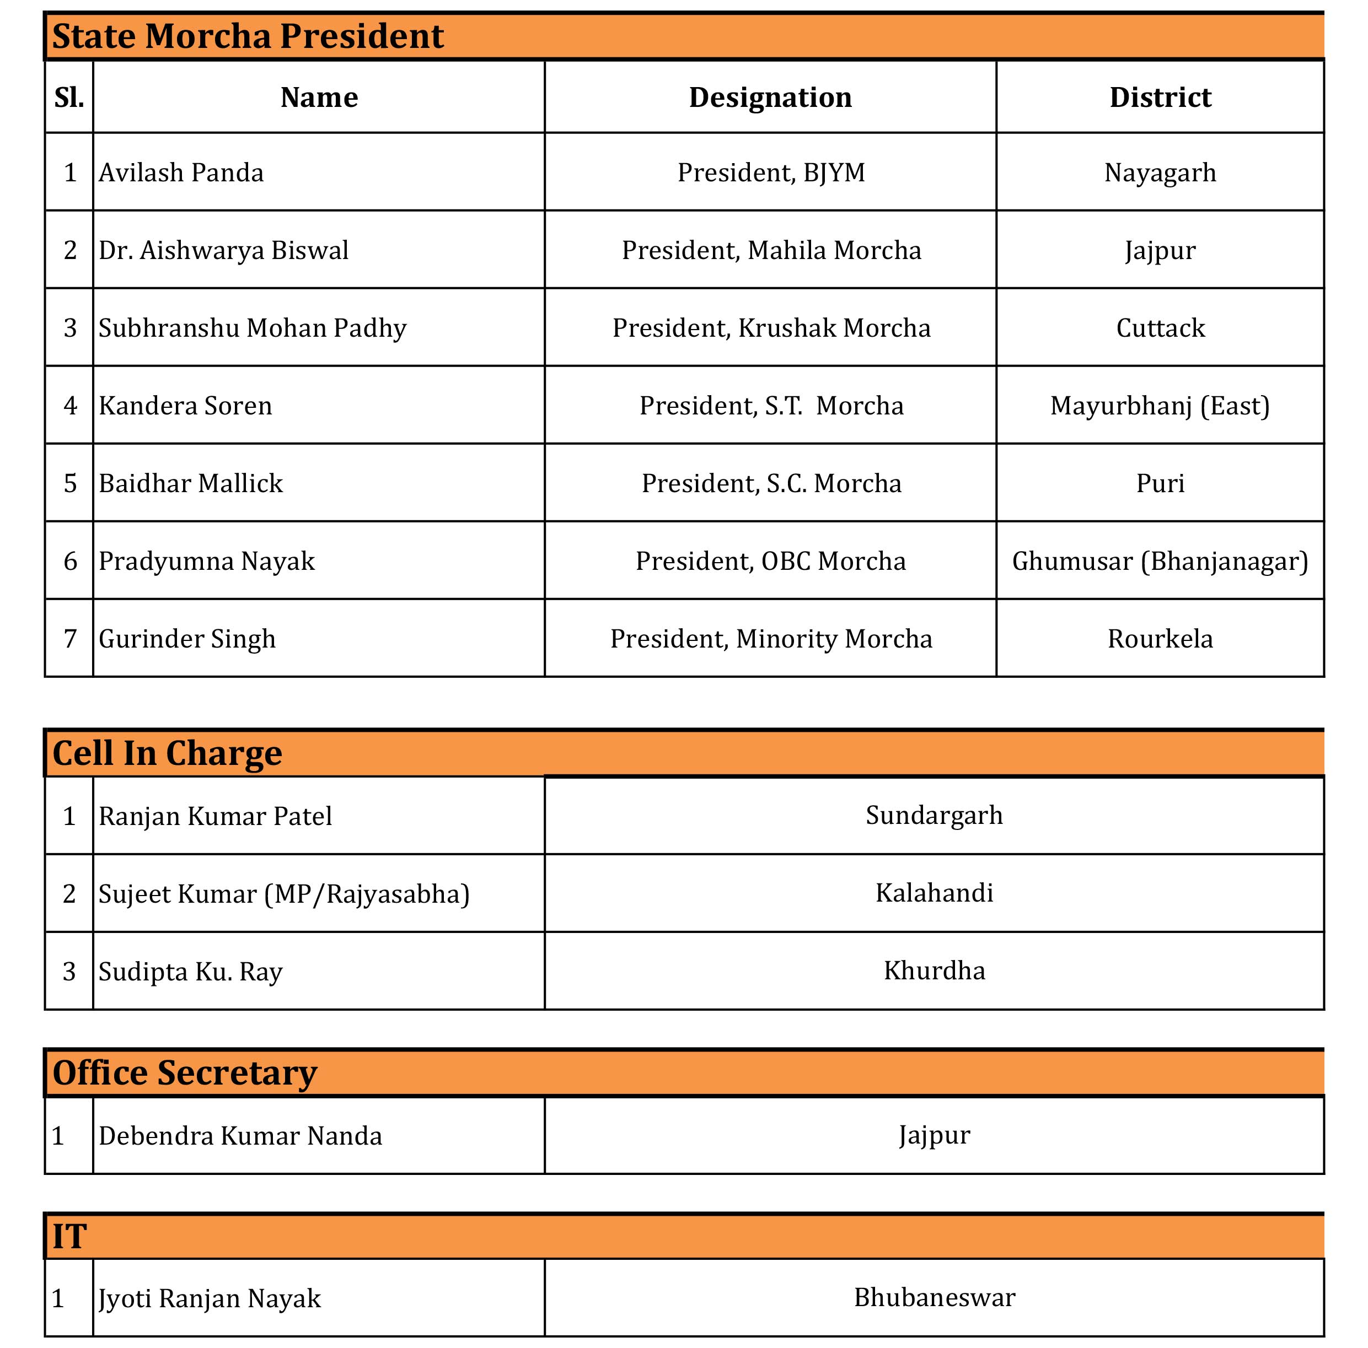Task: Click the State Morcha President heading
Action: (248, 36)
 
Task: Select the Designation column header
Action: (770, 97)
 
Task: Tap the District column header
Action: (1160, 97)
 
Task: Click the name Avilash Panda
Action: (181, 172)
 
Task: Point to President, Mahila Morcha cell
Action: (771, 250)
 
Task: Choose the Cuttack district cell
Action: (1160, 327)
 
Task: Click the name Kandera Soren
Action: (185, 406)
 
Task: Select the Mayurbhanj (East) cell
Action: (1160, 406)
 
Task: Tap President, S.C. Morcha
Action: (771, 483)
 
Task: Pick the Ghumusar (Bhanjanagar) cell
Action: (1160, 561)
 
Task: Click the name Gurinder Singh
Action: (187, 639)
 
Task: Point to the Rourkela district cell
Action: (1160, 639)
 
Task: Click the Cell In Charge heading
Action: (167, 753)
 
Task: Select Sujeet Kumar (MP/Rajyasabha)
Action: (284, 894)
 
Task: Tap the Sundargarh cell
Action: (934, 815)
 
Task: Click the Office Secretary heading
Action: (185, 1073)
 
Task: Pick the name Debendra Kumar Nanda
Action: (240, 1136)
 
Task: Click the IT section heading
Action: (69, 1236)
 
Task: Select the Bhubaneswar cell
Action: (934, 1297)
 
